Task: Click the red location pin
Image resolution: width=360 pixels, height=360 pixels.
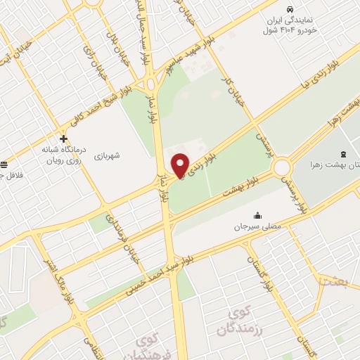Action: tap(181, 165)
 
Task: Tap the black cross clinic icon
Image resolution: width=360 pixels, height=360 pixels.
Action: tap(64, 139)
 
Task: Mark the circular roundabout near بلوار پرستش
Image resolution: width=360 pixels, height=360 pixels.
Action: tap(283, 168)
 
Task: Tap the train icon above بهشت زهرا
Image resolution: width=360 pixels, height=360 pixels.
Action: tap(343, 153)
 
